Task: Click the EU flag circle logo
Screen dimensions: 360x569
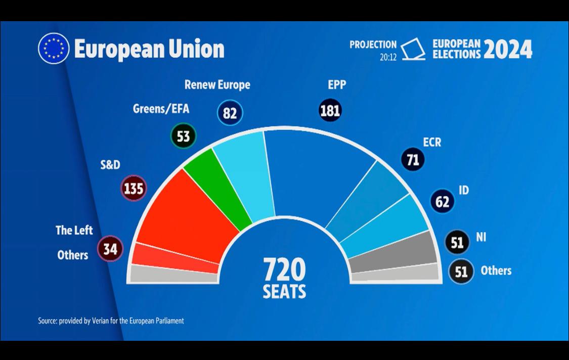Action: tap(54, 49)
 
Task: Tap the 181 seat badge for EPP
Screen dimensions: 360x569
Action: tap(330, 110)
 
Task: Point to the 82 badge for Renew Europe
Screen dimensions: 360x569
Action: tap(230, 113)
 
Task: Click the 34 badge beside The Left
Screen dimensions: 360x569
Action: tap(110, 249)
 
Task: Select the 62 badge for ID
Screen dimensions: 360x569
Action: tap(442, 202)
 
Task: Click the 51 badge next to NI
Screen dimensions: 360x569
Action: tap(457, 243)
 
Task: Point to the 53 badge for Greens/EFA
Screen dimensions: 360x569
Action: tap(183, 136)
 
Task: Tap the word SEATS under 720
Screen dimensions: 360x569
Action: tap(284, 292)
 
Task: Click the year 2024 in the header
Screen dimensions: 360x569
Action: tap(508, 50)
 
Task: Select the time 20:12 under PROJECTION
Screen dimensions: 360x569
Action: tap(388, 57)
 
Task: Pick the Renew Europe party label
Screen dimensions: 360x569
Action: tap(217, 84)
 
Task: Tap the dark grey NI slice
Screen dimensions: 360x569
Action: tap(393, 253)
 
